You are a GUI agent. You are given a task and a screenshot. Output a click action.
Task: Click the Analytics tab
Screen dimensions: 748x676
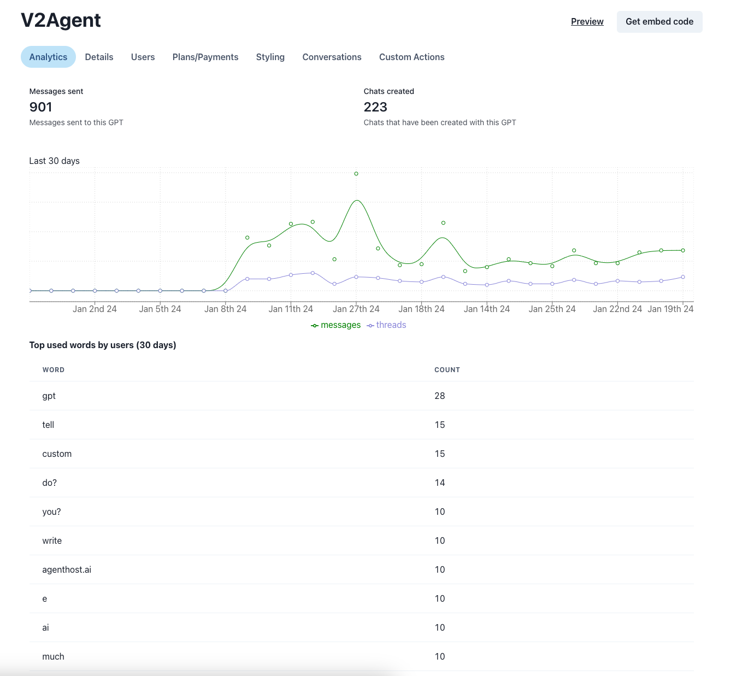[48, 57]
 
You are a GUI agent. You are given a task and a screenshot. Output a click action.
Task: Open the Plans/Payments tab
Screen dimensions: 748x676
[205, 57]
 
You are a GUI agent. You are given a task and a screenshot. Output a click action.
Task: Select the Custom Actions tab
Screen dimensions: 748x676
[411, 57]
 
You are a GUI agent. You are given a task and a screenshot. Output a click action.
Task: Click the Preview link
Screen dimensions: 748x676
[587, 21]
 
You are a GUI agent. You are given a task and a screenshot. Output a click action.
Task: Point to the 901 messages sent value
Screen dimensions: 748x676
[40, 107]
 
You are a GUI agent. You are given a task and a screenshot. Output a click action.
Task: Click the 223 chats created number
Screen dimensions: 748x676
[375, 107]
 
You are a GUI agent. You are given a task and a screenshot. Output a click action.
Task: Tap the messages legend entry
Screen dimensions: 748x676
[335, 325]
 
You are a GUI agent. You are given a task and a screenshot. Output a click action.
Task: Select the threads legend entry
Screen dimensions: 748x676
[386, 325]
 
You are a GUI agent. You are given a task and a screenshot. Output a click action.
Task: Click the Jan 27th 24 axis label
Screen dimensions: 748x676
[356, 309]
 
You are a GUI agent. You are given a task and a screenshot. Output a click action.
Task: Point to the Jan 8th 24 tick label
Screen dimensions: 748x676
[225, 309]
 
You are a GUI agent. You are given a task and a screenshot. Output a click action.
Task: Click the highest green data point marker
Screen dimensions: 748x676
[356, 173]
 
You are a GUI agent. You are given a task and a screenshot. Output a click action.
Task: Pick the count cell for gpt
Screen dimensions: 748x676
[440, 396]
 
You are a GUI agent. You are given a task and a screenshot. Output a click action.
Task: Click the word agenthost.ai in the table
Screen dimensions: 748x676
[67, 569]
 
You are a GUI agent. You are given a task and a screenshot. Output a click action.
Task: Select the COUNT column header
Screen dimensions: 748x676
[447, 370]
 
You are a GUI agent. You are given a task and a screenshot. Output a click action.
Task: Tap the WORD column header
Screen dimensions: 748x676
[54, 370]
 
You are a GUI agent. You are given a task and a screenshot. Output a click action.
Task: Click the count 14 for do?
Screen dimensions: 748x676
[440, 483]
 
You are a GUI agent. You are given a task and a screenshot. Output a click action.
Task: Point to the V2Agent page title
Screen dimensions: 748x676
[61, 20]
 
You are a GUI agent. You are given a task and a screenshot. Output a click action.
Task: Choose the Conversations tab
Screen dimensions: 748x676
[332, 57]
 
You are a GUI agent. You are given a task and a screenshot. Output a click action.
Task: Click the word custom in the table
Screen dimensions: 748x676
[57, 454]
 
